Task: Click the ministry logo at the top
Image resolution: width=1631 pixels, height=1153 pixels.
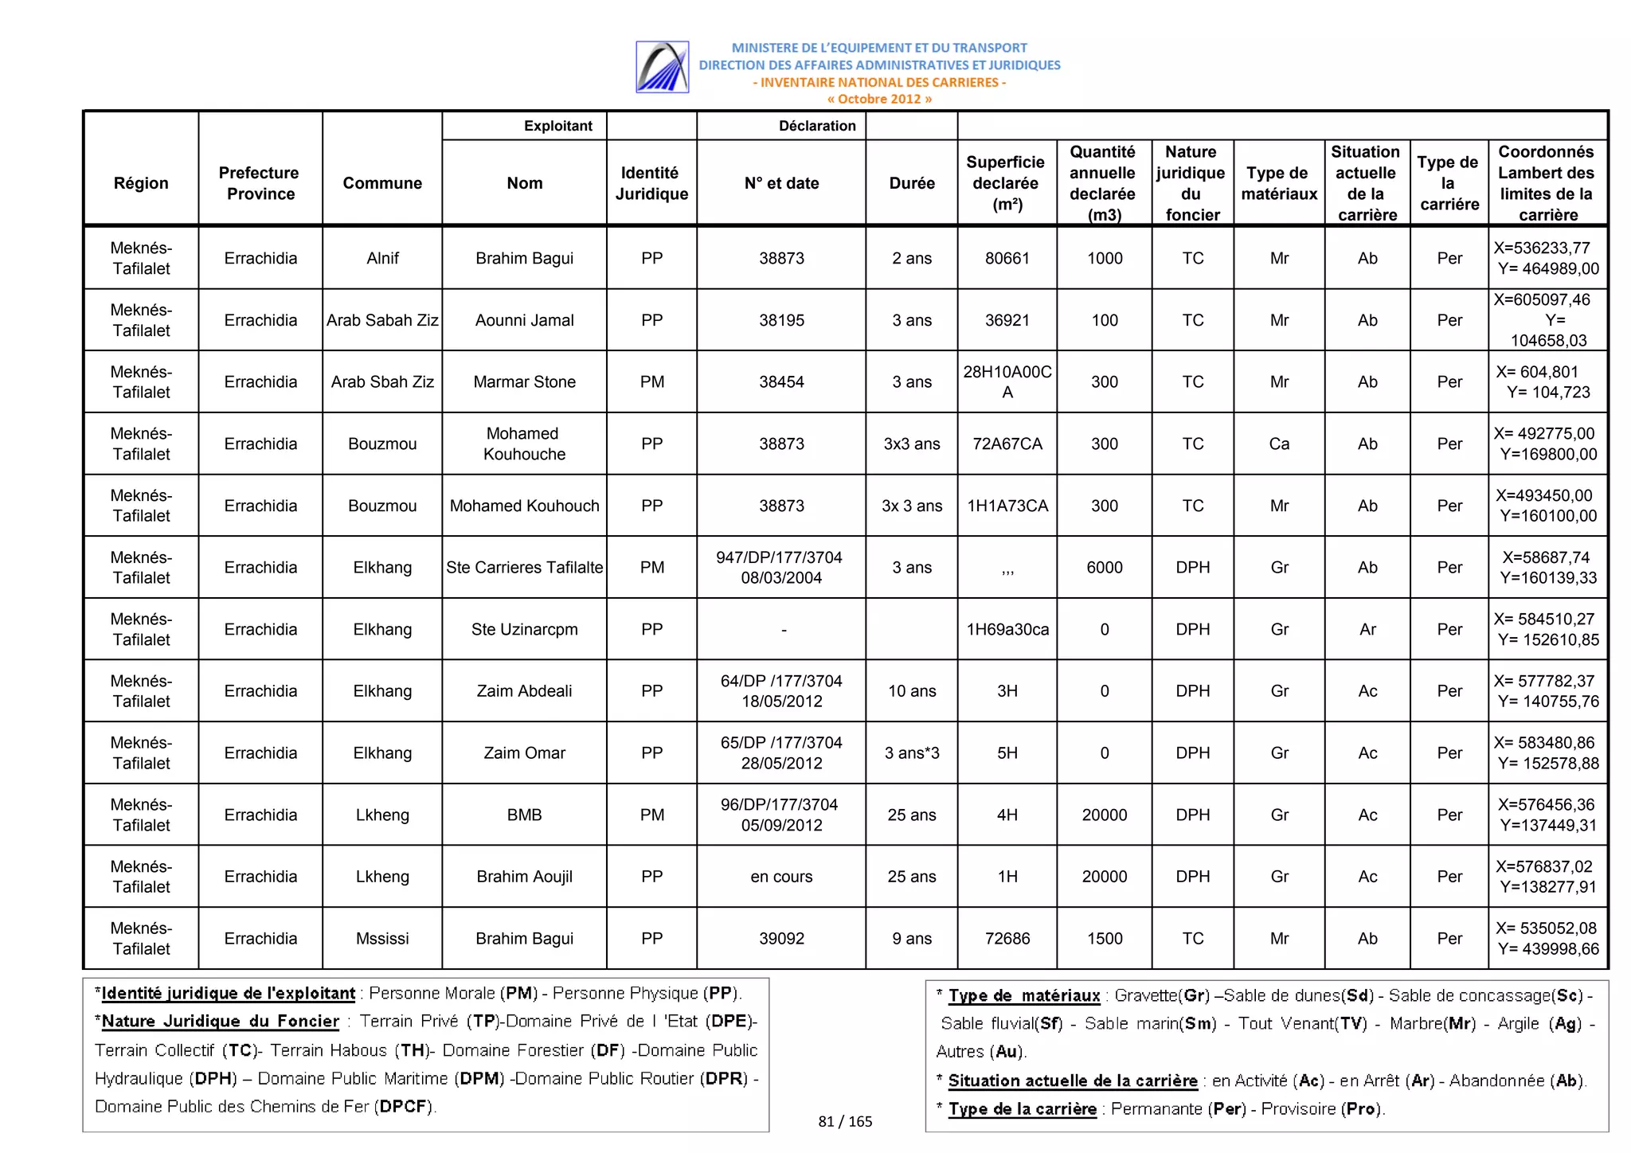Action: pyautogui.click(x=662, y=67)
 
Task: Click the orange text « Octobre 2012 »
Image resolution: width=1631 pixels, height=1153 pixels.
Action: pyautogui.click(x=878, y=99)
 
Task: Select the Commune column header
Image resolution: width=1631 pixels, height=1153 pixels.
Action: pyautogui.click(x=382, y=183)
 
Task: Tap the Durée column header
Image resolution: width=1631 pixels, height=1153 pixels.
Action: pyautogui.click(x=911, y=183)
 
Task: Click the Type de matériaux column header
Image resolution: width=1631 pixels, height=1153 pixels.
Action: pyautogui.click(x=1278, y=183)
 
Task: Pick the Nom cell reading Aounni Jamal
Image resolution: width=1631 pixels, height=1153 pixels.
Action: pyautogui.click(x=524, y=320)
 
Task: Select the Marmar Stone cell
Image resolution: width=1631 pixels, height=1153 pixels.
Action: pyautogui.click(x=524, y=381)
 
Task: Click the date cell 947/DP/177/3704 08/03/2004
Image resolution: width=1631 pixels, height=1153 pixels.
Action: pyautogui.click(x=780, y=567)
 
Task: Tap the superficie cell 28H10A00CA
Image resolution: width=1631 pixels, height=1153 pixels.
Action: pyautogui.click(x=1007, y=381)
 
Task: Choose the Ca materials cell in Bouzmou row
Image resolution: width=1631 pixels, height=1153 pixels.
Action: pyautogui.click(x=1278, y=444)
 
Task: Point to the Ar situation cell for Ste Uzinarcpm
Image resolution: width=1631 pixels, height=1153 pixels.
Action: pyautogui.click(x=1367, y=629)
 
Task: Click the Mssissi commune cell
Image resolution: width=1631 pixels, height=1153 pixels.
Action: pyautogui.click(x=382, y=938)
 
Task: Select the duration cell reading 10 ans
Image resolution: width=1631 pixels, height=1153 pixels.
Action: pyautogui.click(x=911, y=691)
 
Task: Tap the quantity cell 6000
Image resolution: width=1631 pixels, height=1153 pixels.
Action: pyautogui.click(x=1104, y=567)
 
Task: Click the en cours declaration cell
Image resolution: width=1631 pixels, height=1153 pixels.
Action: pyautogui.click(x=780, y=877)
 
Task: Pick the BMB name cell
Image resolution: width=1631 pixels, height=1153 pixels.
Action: pyautogui.click(x=524, y=815)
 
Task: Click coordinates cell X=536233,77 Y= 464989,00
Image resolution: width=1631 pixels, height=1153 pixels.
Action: pyautogui.click(x=1547, y=258)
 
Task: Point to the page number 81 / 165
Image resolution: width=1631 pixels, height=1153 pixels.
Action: pyautogui.click(x=845, y=1121)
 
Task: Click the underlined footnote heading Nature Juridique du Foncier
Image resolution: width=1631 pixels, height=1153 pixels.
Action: pyautogui.click(x=221, y=1022)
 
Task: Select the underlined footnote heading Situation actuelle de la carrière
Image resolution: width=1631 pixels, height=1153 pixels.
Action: pyautogui.click(x=1072, y=1081)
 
